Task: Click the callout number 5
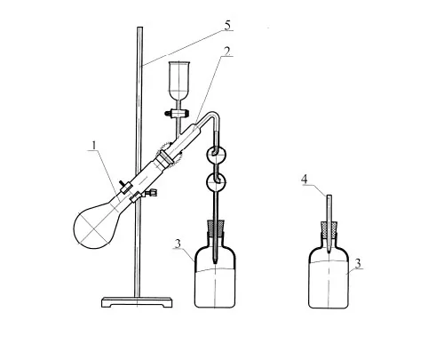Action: [x=227, y=25]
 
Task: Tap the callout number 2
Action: [x=226, y=51]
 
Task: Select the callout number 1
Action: [x=94, y=145]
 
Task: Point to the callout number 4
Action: [x=305, y=180]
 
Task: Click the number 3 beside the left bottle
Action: [x=178, y=244]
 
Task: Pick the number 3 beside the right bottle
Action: [x=358, y=263]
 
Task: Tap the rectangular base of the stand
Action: [x=137, y=302]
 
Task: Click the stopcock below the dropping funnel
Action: [x=177, y=113]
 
